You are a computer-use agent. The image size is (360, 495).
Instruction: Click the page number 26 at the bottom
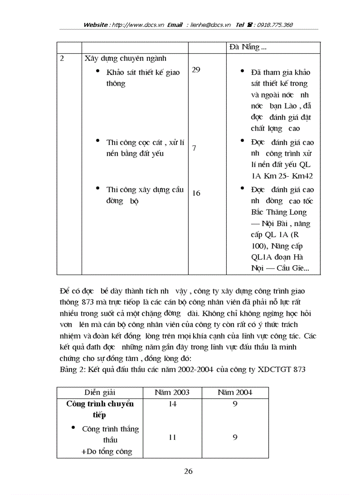pos(188,471)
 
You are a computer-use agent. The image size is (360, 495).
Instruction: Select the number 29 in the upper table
pos(196,70)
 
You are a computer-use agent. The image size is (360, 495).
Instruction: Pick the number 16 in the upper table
pos(196,193)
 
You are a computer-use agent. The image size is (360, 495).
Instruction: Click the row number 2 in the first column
pos(62,58)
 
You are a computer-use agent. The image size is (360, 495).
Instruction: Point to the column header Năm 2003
pos(172,392)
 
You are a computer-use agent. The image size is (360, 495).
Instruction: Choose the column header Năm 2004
pos(235,392)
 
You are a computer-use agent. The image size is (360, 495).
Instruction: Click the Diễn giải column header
pos(100,392)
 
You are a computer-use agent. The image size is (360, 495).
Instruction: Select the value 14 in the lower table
pos(172,404)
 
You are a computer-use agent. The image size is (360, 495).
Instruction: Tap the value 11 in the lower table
pos(172,437)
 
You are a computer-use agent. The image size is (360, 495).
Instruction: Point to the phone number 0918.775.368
pos(272,25)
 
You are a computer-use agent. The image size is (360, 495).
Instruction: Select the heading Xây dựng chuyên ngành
pos(125,58)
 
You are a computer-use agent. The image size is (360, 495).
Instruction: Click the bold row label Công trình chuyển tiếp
pos(100,409)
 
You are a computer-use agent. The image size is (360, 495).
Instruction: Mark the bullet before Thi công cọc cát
pos(97,141)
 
